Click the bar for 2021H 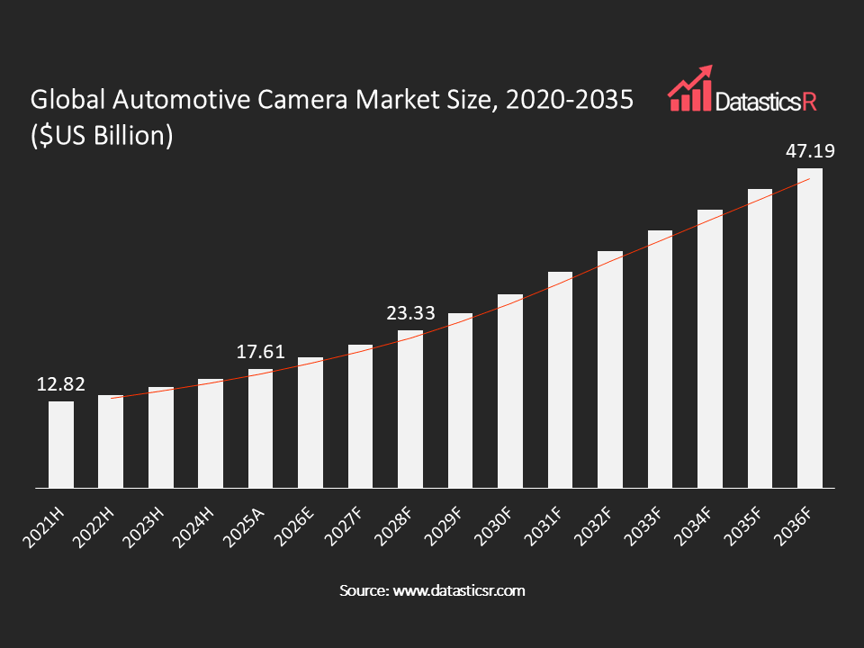[x=61, y=445]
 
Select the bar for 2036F [x=809, y=328]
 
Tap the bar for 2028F [x=410, y=409]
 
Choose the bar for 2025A [x=261, y=428]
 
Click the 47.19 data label [x=810, y=150]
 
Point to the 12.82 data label [x=61, y=384]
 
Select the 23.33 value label [x=410, y=313]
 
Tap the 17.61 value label [x=261, y=352]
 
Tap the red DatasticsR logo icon [x=689, y=89]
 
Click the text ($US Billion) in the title [x=102, y=137]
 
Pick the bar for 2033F [x=660, y=359]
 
